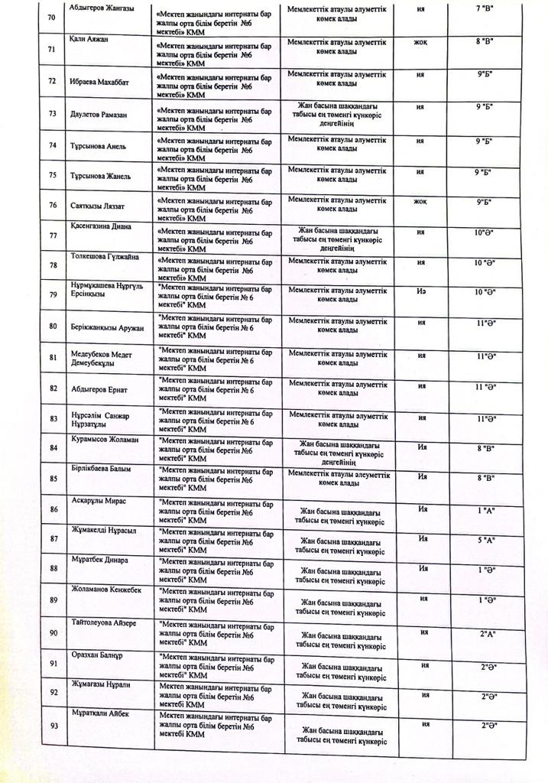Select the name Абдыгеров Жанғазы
(102, 8)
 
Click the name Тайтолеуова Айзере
(104, 623)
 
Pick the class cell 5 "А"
(487, 541)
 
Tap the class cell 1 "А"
(487, 508)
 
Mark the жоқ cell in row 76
(420, 203)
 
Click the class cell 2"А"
(487, 634)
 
